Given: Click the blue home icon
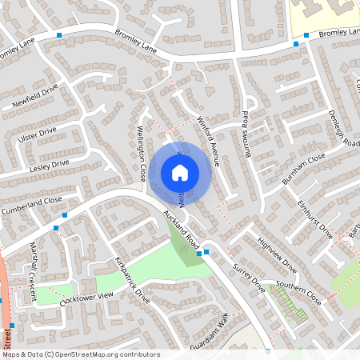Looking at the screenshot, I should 180,173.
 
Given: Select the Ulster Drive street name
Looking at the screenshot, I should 38,132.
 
